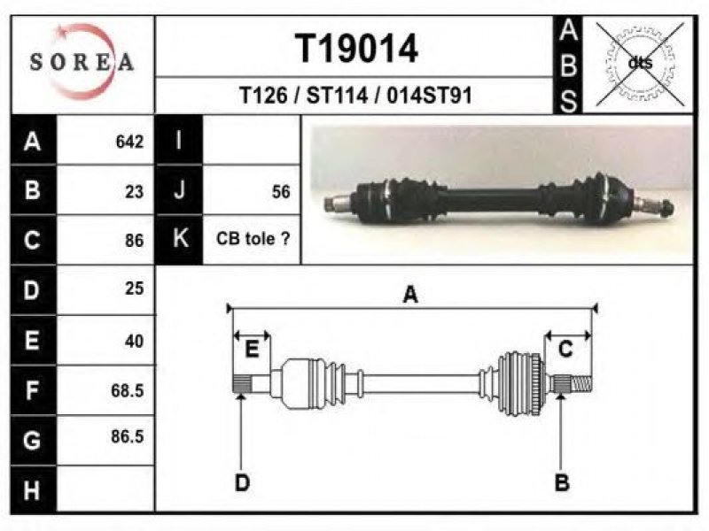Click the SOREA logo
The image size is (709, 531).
[82, 62]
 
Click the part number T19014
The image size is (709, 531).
[356, 49]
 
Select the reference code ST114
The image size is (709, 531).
[337, 96]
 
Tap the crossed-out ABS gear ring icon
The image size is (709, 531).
[640, 64]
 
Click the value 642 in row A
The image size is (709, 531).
[129, 142]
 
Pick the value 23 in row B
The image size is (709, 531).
[135, 192]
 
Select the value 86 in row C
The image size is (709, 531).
[135, 241]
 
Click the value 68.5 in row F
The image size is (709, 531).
[127, 390]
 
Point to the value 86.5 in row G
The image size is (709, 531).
[127, 436]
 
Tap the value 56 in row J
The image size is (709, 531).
[281, 192]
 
